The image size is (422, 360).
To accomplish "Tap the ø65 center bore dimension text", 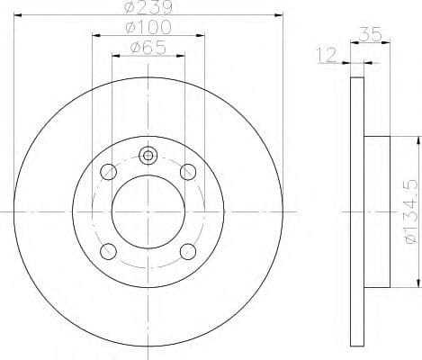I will click(x=148, y=50).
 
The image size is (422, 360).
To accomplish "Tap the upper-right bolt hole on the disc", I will click(x=188, y=171).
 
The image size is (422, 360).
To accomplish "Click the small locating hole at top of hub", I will click(x=148, y=155).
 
